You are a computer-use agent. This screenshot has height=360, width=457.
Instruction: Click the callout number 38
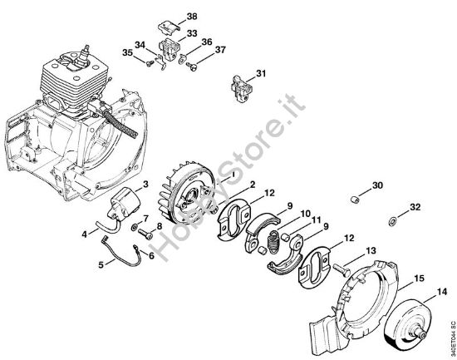pyautogui.click(x=192, y=17)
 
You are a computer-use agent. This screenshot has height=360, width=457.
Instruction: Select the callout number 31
pyautogui.click(x=261, y=75)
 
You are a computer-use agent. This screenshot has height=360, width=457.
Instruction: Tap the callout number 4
pyautogui.click(x=83, y=234)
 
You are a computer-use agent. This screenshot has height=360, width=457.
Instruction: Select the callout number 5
pyautogui.click(x=101, y=265)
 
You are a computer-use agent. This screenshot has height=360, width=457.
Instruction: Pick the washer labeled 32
pyautogui.click(x=391, y=222)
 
